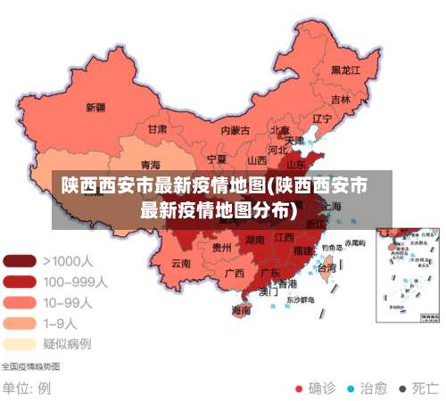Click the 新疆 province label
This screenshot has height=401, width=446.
pos(95,107)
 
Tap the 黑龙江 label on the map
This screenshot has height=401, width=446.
pos(345,70)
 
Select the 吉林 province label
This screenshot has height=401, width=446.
pos(340,99)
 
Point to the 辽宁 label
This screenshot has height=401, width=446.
pos(322,119)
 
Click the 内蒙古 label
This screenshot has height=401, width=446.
pos(235,130)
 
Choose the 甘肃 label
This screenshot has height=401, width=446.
pos(157,128)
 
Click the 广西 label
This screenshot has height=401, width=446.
pos(235,273)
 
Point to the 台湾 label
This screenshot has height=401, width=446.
pos(326,267)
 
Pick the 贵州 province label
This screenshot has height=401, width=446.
pos(222,247)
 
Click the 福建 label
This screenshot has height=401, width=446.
pos(303,250)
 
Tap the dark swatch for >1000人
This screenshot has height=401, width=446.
pos(20,262)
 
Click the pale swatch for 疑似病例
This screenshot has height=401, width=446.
pos(20,343)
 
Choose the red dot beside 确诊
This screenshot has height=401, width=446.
pos(300,389)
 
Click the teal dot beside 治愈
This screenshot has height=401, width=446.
pos(351,389)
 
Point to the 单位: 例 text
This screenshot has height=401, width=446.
pos(27,389)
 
